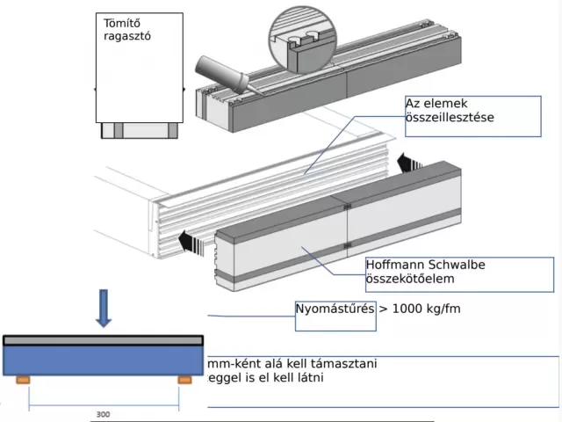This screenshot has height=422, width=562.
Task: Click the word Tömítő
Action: tap(122, 24)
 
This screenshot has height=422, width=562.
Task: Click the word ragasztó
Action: tap(127, 36)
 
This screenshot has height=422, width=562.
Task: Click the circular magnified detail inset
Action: tap(303, 40)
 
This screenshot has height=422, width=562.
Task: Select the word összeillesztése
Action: tap(450, 117)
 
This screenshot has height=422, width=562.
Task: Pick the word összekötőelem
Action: tap(410, 279)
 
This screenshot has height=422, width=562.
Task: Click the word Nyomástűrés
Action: tap(335, 309)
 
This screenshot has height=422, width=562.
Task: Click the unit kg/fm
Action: tap(443, 309)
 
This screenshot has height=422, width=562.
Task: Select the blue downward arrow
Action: tap(104, 309)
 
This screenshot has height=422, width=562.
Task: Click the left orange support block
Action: tap(23, 380)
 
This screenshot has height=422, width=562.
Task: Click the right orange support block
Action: tap(184, 380)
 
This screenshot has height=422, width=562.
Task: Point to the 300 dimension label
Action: tap(104, 414)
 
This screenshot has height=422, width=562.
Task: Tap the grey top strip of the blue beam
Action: tap(104, 340)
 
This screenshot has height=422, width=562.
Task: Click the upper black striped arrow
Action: tap(410, 163)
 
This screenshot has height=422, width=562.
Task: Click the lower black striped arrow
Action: tap(191, 243)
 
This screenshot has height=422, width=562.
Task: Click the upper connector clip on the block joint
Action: tap(347, 207)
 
